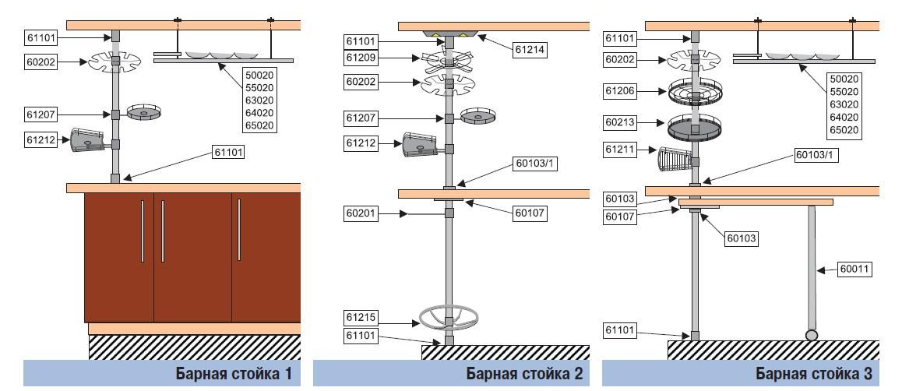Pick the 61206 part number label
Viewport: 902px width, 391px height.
621,91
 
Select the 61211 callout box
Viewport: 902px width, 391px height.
621,148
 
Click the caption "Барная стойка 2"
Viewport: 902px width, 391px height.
523,374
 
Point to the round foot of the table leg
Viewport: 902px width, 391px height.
812,335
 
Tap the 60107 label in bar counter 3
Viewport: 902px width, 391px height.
621,217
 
